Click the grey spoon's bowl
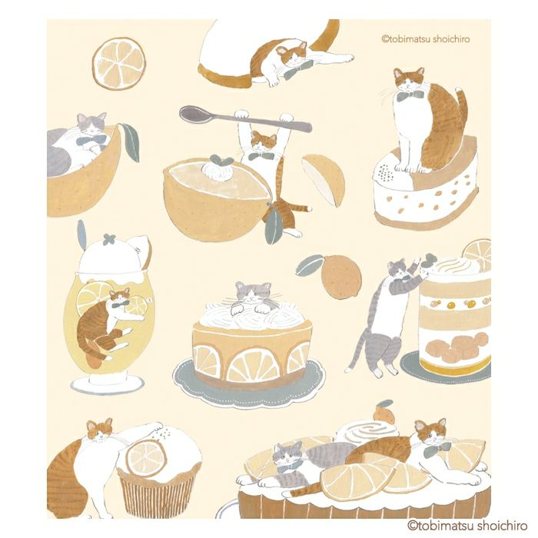tap(194, 115)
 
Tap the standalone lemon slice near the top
tap(119, 64)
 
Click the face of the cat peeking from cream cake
tap(253, 291)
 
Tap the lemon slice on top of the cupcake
tap(145, 459)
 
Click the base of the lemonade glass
tap(107, 383)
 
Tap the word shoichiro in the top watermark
tap(451, 38)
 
